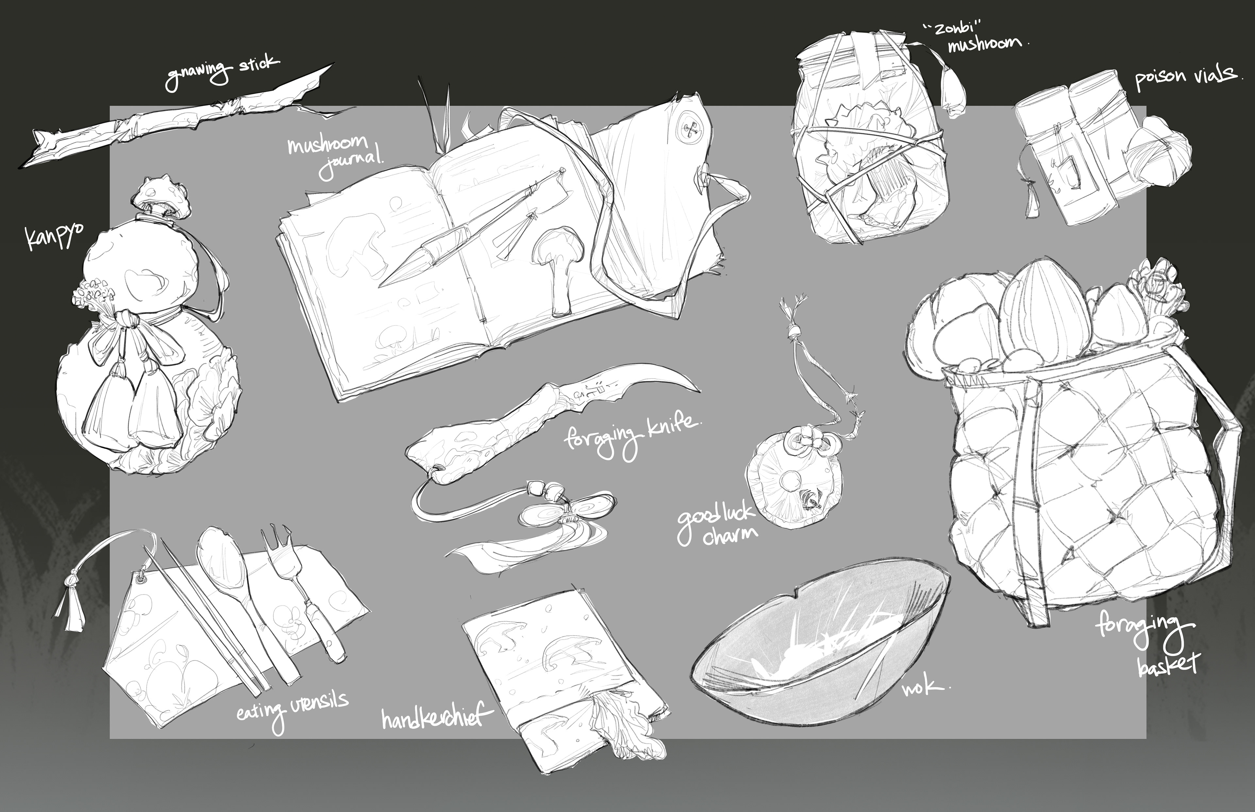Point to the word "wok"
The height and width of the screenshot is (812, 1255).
coord(923,686)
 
